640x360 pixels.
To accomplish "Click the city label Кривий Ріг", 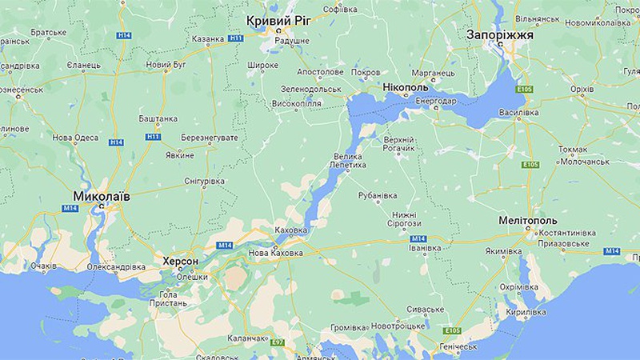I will [279, 20].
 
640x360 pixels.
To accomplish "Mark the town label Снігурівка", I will [205, 182].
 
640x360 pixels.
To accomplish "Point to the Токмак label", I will [573, 149].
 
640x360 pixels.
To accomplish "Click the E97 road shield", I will [278, 342].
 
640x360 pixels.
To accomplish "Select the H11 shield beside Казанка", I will [236, 38].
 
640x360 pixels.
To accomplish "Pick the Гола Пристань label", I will [163, 299].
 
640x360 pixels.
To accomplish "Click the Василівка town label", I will [518, 113].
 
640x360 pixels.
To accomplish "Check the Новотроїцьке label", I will [397, 326].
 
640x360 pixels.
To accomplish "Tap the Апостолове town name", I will [320, 71].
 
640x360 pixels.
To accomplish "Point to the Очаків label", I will [43, 265].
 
